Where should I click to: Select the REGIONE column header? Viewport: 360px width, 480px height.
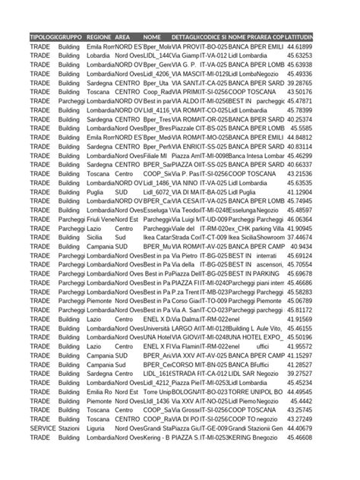(99, 36)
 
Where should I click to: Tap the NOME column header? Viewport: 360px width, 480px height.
(151, 36)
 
